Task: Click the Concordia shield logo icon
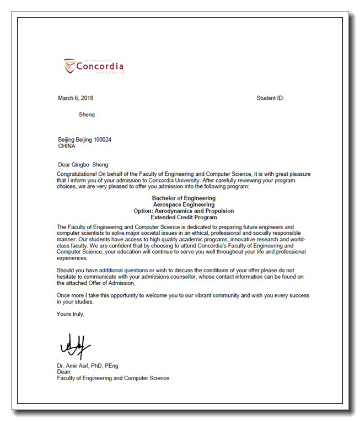pos(69,66)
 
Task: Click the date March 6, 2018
pos(76,98)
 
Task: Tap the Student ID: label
pos(270,98)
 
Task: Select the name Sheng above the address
pos(87,115)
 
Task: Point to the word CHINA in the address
pos(67,146)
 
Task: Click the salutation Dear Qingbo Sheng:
pos(84,164)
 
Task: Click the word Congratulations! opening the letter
pos(76,174)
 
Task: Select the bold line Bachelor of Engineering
pos(184,198)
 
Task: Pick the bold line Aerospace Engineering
pos(184,204)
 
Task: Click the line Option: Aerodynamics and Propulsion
pos(184,211)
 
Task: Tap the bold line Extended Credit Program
pos(184,218)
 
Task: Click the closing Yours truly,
pos(71,314)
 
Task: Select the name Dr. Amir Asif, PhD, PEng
pos(88,365)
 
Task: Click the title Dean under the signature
pos(63,372)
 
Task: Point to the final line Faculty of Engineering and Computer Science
pos(113,379)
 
